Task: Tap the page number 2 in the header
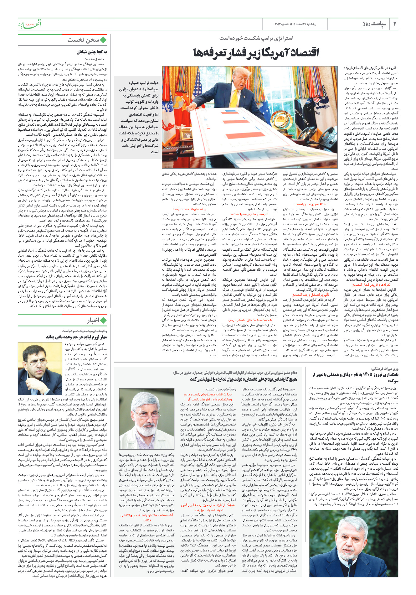pos(395,24)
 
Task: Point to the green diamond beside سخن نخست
pos(103,40)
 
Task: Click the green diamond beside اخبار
pos(103,320)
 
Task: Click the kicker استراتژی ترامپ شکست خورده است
pos(256,38)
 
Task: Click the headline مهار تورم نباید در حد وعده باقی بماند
pos(77,337)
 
